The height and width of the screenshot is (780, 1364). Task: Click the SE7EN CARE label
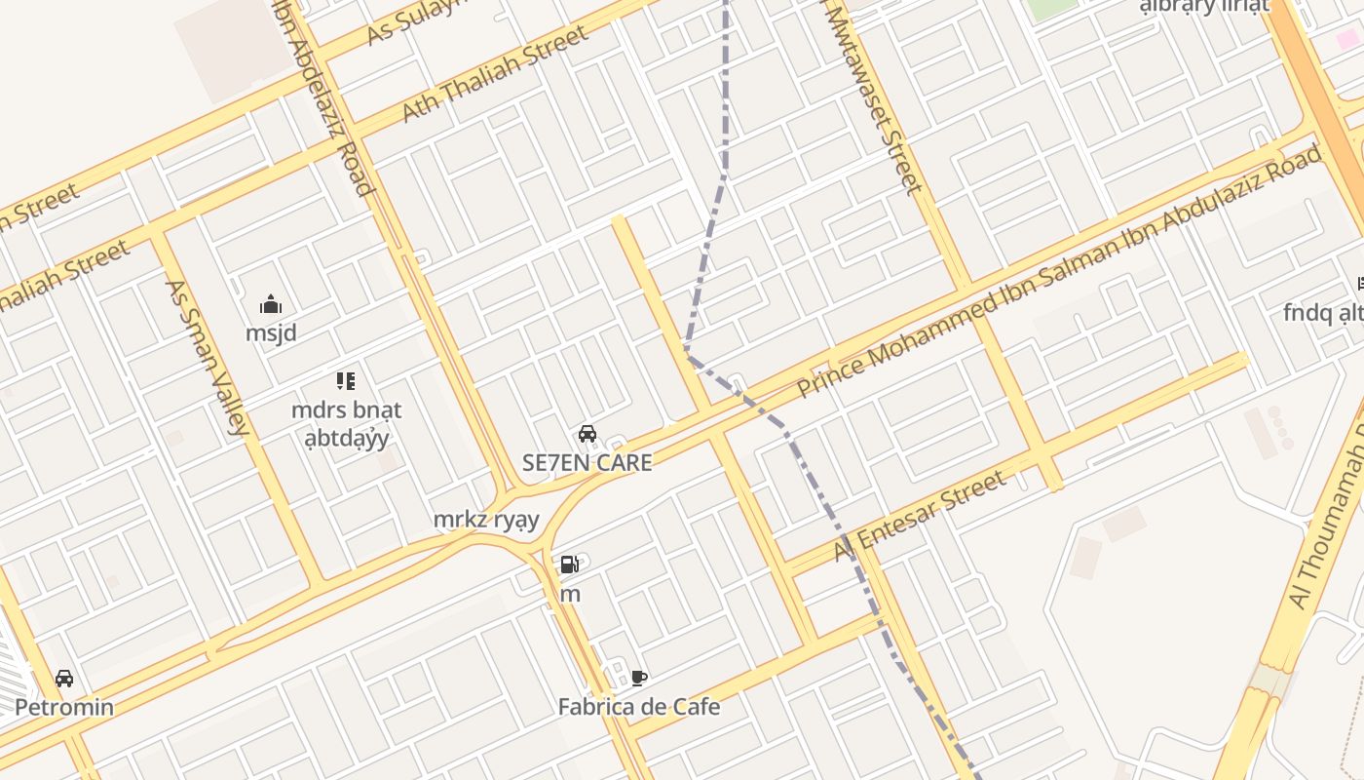pos(587,463)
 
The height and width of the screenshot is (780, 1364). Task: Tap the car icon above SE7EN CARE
pos(587,434)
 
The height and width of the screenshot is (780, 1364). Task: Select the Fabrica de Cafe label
pos(638,707)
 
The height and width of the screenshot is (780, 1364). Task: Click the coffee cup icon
pos(639,678)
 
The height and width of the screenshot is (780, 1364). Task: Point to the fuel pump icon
pos(570,565)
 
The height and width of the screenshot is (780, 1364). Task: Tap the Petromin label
pos(64,707)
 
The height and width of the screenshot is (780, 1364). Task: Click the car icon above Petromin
pos(64,678)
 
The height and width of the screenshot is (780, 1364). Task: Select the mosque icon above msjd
pos(271,304)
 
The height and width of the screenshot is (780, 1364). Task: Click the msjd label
pos(271,333)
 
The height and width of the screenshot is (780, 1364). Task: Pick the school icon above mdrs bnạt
pos(346,380)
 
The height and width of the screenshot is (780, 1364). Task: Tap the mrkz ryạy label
pos(486,520)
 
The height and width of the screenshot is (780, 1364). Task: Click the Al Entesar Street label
pos(920,517)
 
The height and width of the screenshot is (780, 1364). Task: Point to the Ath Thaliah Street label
pos(495,74)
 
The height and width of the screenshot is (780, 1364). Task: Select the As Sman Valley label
pos(207,357)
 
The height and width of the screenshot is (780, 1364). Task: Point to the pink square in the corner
pos(1347,40)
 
